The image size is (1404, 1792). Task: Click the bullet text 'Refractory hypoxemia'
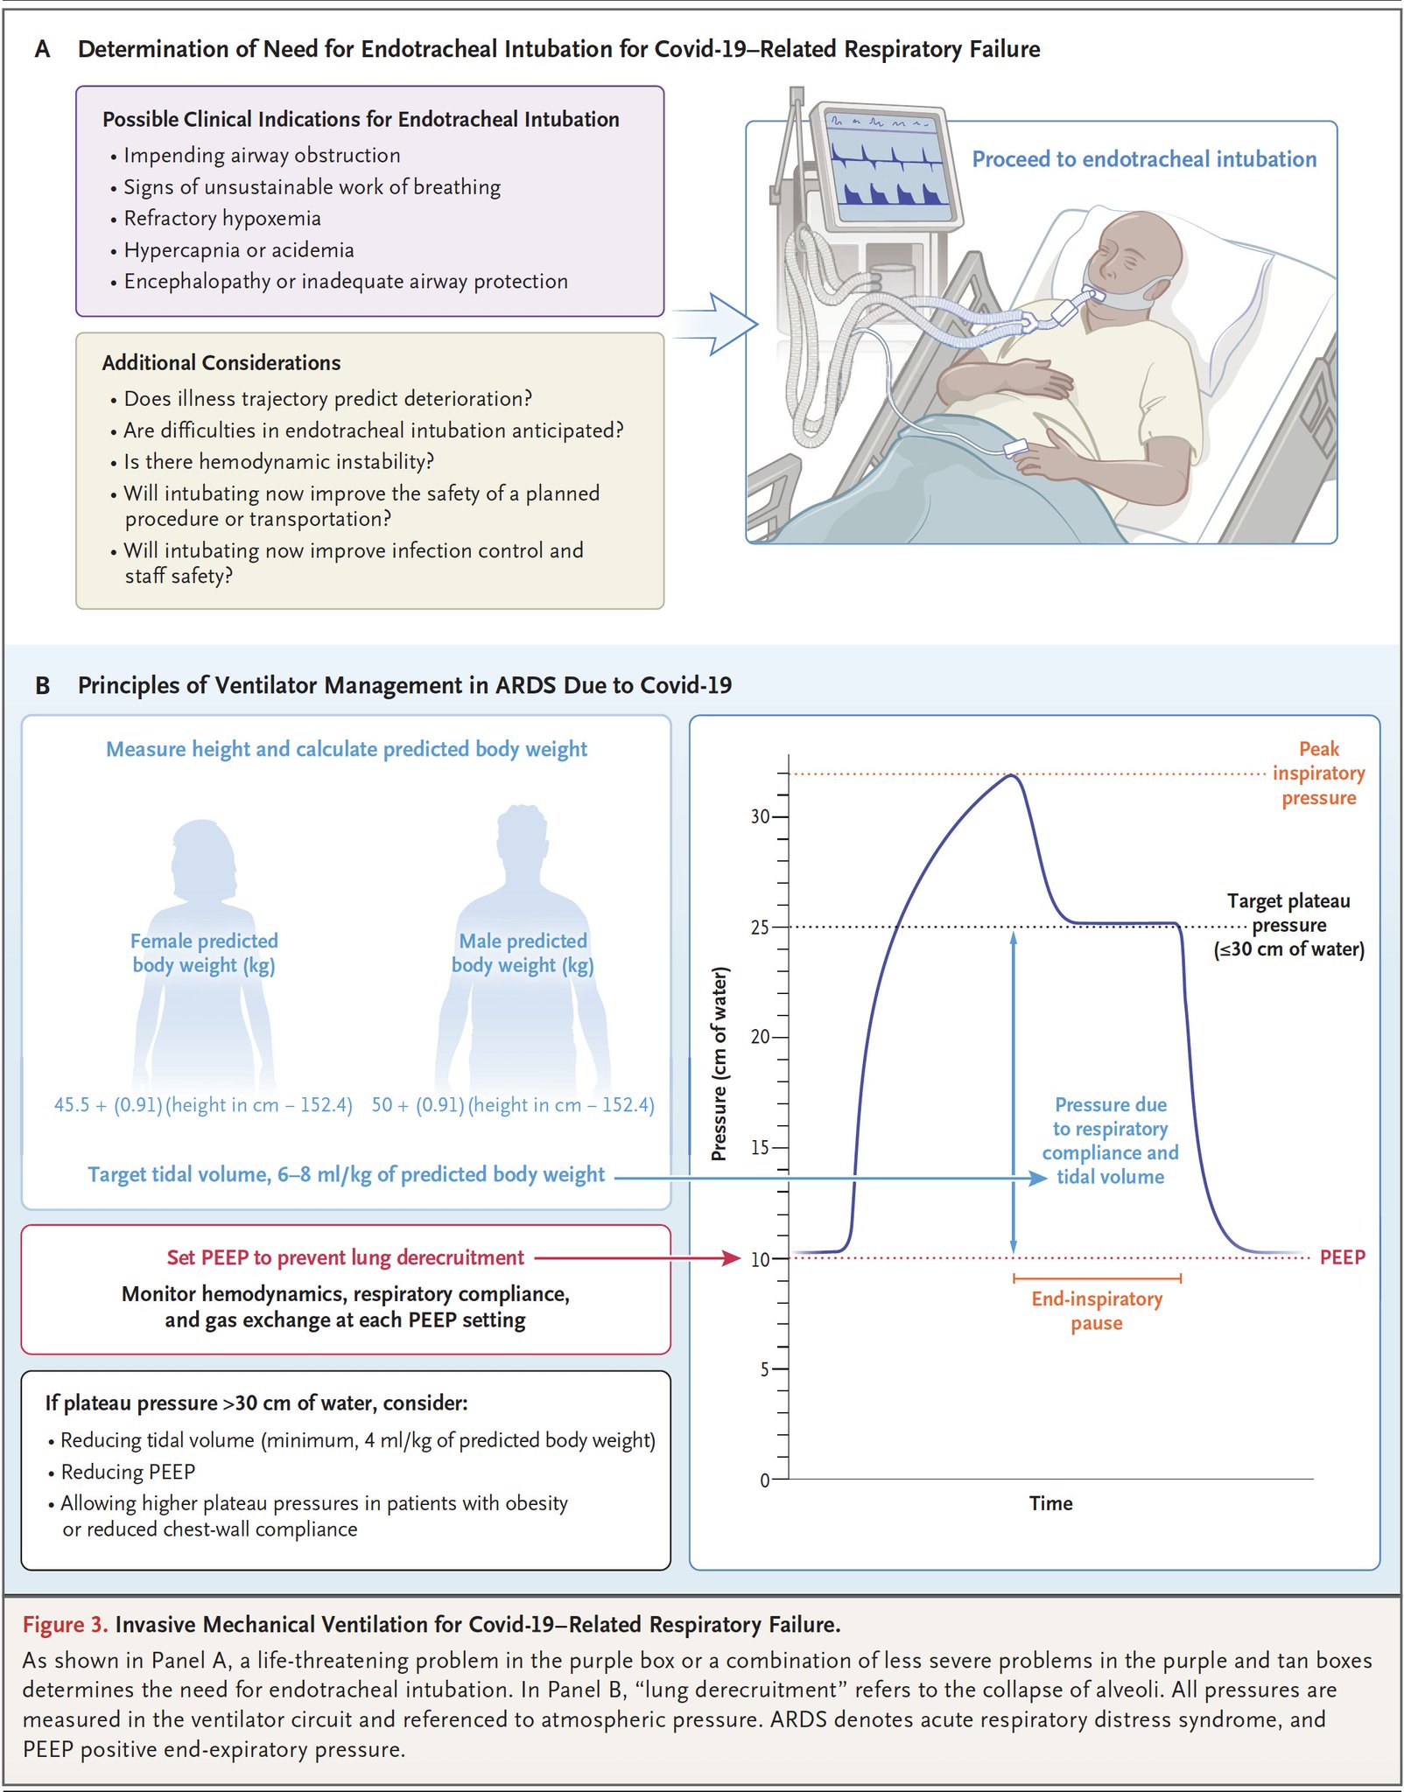coord(222,219)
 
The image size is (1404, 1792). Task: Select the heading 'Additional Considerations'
coord(221,363)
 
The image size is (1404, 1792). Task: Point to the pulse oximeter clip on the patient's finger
coord(1016,449)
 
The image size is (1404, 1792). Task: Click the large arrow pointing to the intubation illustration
coord(718,325)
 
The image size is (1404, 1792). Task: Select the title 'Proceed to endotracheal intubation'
coord(1144,159)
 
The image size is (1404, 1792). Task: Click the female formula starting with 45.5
coord(203,1105)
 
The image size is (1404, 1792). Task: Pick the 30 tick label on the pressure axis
coord(759,816)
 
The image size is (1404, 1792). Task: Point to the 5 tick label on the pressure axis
coord(764,1369)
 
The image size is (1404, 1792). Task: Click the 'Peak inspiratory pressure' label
coord(1318,773)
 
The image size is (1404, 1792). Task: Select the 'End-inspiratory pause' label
coord(1097,1311)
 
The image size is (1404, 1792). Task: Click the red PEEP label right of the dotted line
coord(1342,1257)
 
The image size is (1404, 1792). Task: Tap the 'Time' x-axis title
coord(1050,1503)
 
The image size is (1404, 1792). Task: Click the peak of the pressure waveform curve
coord(1012,776)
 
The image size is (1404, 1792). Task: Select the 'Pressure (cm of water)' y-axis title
coord(720,1064)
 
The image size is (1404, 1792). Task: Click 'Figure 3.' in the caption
coord(65,1625)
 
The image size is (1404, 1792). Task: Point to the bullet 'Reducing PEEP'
coord(128,1472)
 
